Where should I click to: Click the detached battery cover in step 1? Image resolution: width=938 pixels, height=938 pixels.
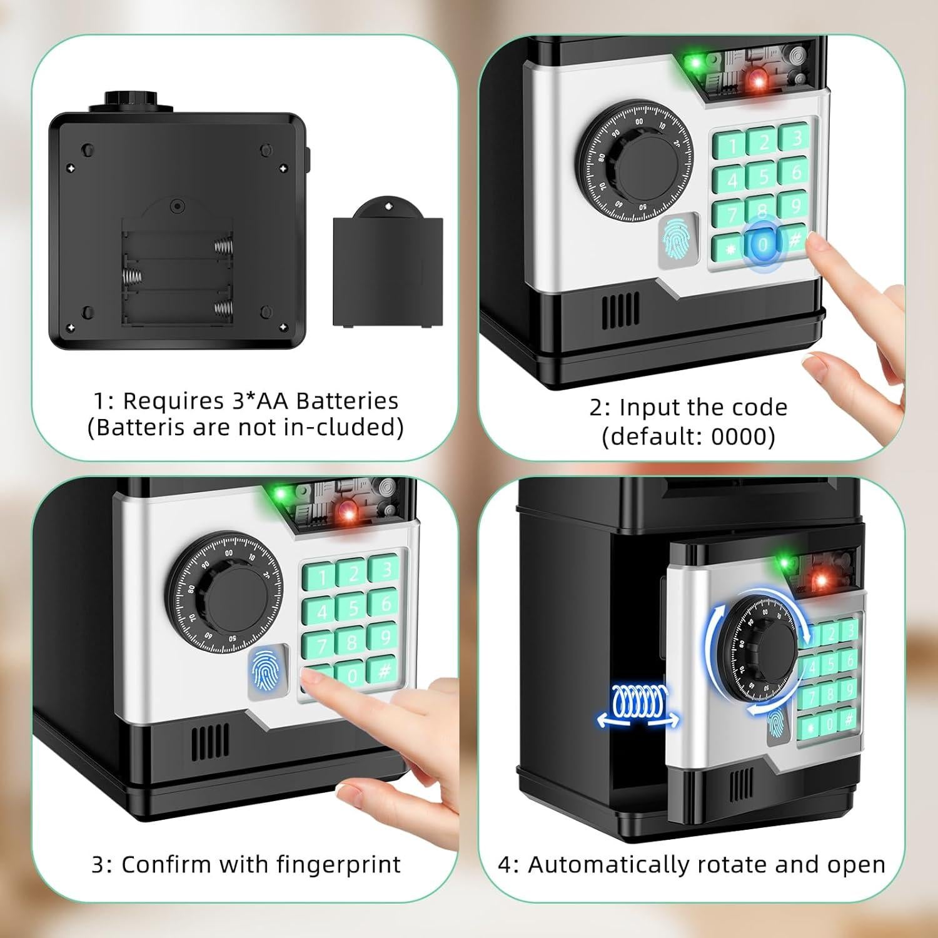(388, 269)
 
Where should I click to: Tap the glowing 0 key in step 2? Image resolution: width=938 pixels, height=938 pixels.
(762, 245)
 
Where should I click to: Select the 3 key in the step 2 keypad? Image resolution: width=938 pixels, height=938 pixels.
(795, 138)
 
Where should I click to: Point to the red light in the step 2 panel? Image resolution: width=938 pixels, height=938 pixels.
(758, 79)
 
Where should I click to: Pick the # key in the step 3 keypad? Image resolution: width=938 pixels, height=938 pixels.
(385, 671)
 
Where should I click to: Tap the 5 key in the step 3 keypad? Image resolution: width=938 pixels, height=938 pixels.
(353, 607)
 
